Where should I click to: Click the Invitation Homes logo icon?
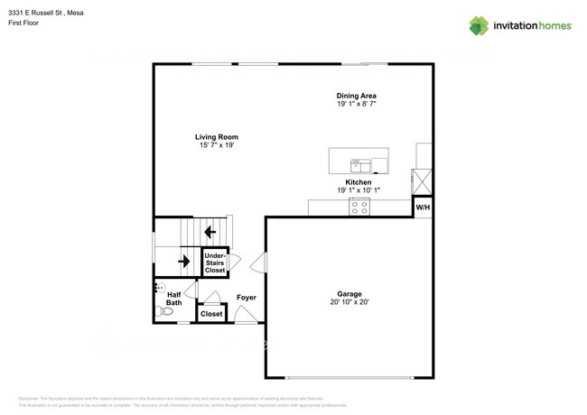pyautogui.click(x=479, y=25)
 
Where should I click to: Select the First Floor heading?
pyautogui.click(x=24, y=23)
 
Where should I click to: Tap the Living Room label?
pyautogui.click(x=217, y=137)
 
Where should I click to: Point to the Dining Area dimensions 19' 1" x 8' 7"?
pyautogui.click(x=356, y=105)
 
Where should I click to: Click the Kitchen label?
pyautogui.click(x=359, y=182)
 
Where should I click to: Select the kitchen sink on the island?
pyautogui.click(x=360, y=164)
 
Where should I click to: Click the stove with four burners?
pyautogui.click(x=359, y=207)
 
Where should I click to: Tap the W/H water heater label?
pyautogui.click(x=422, y=207)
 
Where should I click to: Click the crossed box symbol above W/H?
pyautogui.click(x=422, y=181)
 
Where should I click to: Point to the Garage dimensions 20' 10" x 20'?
pyautogui.click(x=349, y=303)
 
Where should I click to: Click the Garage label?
pyautogui.click(x=349, y=294)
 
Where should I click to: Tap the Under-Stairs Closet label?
pyautogui.click(x=215, y=263)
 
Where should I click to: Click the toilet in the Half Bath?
pyautogui.click(x=164, y=311)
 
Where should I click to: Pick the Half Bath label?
pyautogui.click(x=173, y=299)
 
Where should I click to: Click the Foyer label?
pyautogui.click(x=247, y=298)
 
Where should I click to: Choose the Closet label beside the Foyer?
pyautogui.click(x=211, y=314)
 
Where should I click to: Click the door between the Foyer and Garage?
pyautogui.click(x=260, y=263)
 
